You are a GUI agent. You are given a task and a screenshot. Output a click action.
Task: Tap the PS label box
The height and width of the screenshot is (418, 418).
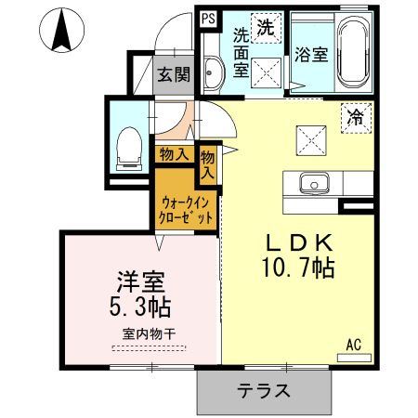(207, 16)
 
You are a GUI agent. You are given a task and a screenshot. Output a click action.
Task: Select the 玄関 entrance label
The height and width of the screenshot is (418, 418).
(172, 74)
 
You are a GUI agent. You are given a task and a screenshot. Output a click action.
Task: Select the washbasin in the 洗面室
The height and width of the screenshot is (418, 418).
(209, 72)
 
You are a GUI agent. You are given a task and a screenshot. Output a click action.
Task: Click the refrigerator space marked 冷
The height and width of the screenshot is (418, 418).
(355, 118)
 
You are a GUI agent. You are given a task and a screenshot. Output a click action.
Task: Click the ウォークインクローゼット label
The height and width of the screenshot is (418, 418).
(187, 208)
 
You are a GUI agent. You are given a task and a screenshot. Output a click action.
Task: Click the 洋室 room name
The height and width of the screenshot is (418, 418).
(136, 279)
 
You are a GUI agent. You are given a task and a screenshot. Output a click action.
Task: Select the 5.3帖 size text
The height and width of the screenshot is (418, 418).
(136, 307)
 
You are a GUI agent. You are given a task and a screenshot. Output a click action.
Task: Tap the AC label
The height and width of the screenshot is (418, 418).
(353, 344)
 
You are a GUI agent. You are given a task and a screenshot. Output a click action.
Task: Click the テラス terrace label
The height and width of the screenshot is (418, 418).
(263, 391)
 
